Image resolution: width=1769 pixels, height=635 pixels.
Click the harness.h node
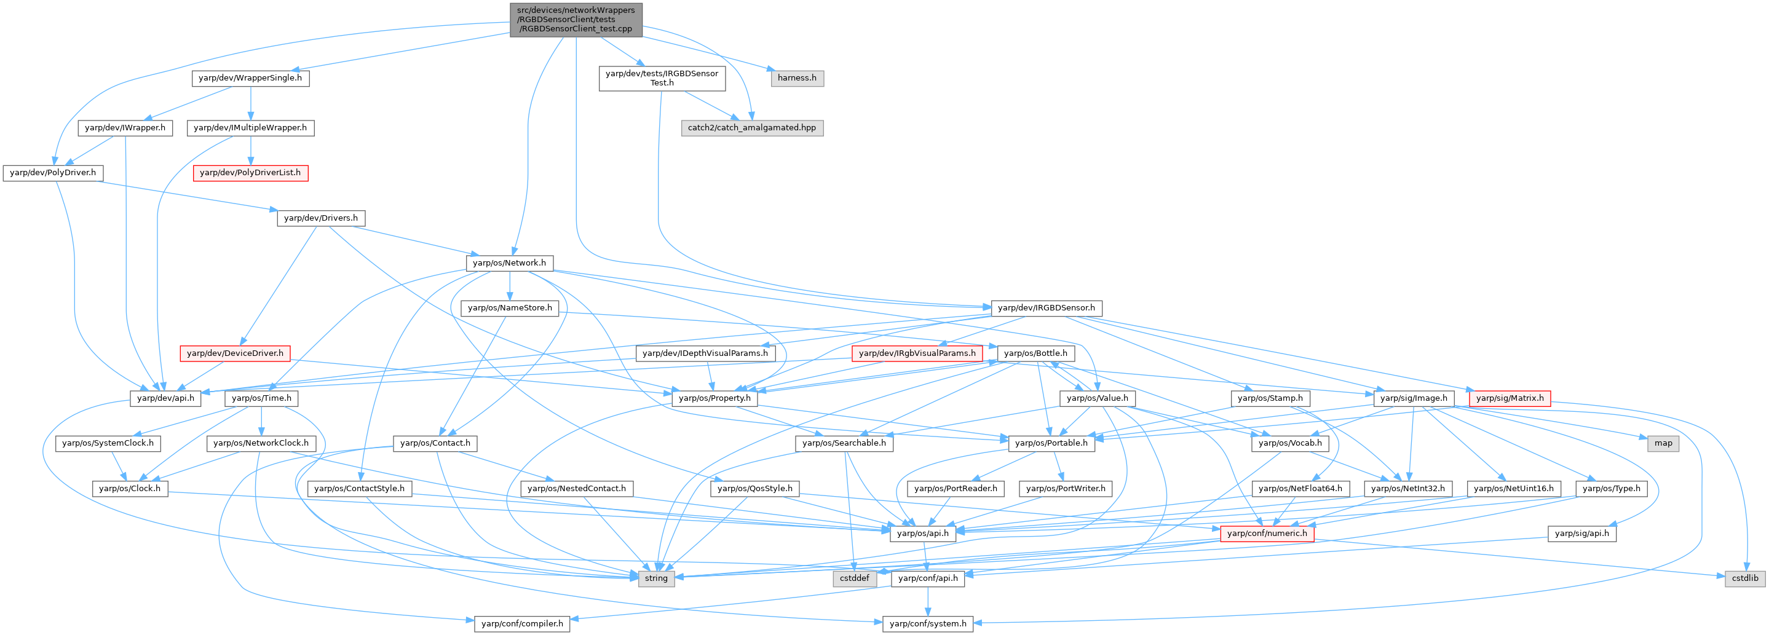(797, 78)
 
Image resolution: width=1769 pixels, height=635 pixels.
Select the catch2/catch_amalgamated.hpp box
(752, 128)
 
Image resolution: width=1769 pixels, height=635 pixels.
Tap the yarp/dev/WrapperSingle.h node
(250, 78)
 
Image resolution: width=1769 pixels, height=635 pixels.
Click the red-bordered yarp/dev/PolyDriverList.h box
(250, 173)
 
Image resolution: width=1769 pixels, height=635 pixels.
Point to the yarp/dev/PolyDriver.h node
(53, 173)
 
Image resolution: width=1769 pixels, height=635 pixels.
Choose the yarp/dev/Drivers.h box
(321, 218)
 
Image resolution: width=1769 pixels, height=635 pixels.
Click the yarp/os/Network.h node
(510, 263)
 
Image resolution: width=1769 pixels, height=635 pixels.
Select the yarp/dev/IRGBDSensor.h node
(1047, 308)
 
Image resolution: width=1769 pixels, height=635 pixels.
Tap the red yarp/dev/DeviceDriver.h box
(235, 353)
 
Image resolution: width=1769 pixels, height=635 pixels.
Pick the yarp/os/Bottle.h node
(1035, 353)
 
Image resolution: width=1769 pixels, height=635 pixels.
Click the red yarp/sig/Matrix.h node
(1510, 399)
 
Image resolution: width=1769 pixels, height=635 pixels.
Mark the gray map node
(1663, 443)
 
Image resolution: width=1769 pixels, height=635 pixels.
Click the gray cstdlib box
(1745, 578)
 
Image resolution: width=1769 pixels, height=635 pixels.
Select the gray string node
(656, 578)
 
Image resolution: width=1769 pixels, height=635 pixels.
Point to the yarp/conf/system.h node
(928, 624)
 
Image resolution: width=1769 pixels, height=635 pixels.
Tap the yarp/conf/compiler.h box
(522, 624)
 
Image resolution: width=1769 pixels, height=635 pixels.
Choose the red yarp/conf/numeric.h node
(1267, 534)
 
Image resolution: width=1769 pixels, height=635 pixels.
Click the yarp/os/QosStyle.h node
(754, 489)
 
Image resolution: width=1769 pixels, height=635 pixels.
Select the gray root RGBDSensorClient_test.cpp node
(576, 20)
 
